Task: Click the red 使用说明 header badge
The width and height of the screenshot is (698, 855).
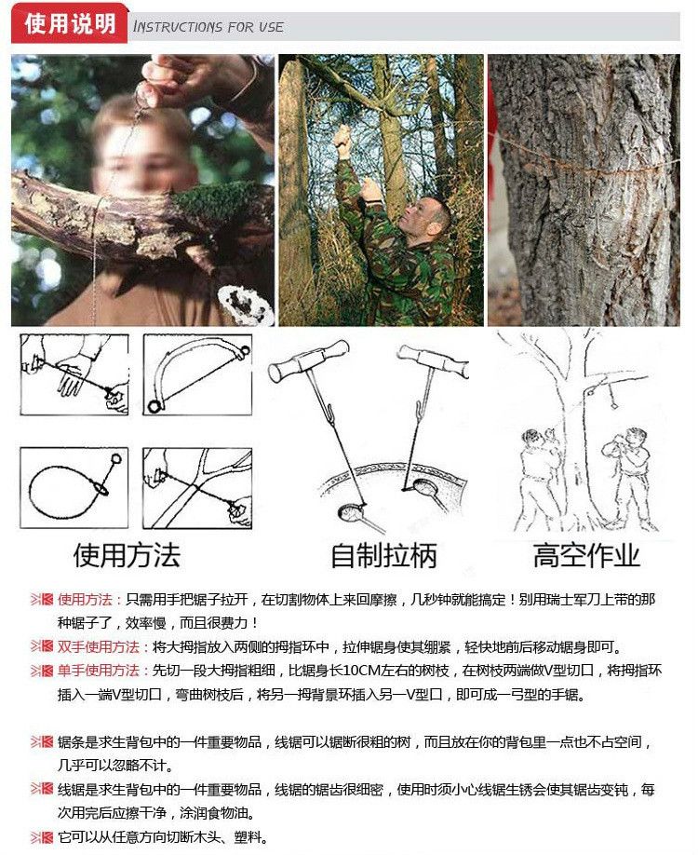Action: click(x=69, y=23)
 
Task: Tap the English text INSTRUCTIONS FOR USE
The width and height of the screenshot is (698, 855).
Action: click(x=208, y=26)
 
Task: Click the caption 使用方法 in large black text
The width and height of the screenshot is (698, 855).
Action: click(x=127, y=555)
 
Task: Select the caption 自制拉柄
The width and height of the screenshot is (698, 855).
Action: click(x=383, y=555)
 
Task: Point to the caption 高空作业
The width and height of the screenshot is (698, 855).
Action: click(x=586, y=555)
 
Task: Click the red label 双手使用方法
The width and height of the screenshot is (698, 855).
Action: click(x=99, y=646)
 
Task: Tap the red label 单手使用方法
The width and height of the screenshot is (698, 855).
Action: click(x=99, y=671)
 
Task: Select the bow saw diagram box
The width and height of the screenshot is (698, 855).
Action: click(x=197, y=374)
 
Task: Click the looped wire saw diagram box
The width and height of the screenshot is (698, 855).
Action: click(x=74, y=488)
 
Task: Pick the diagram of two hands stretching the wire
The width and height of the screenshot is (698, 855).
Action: click(x=74, y=374)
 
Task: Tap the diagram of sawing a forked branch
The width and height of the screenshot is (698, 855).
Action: click(x=197, y=488)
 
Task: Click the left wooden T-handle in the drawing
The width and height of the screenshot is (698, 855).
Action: click(x=308, y=361)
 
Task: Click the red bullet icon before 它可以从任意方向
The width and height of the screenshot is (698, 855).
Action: click(x=42, y=837)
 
